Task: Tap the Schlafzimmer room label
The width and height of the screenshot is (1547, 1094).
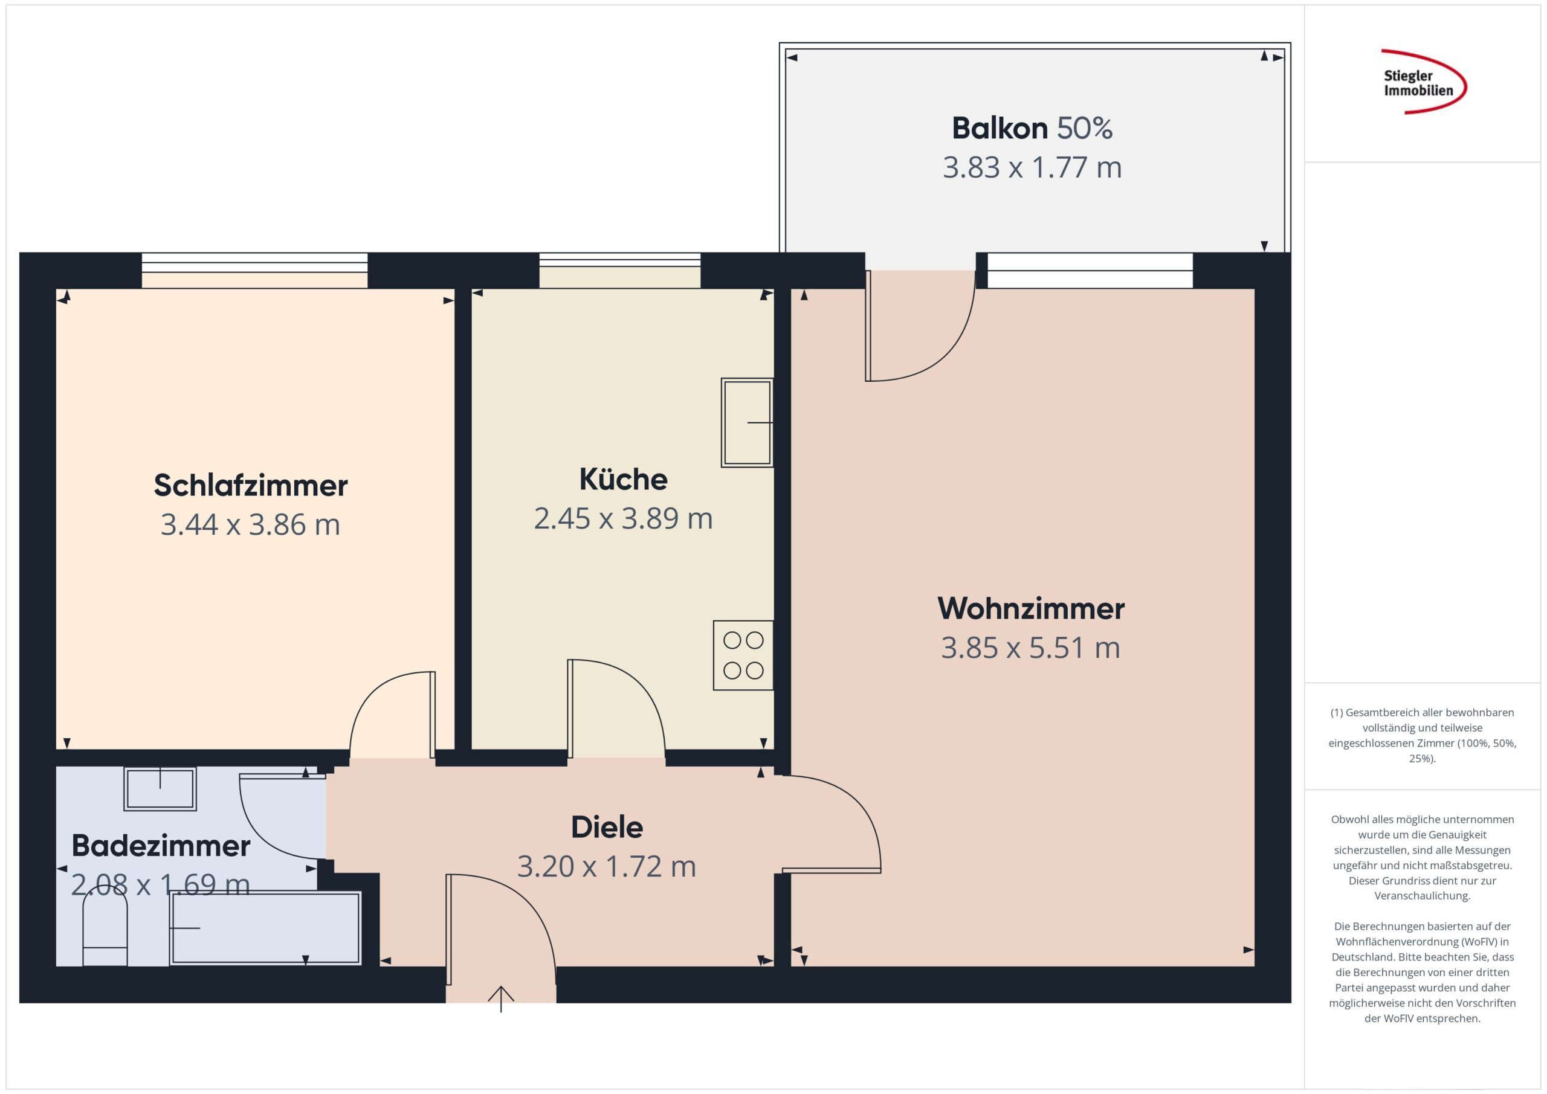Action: tap(251, 485)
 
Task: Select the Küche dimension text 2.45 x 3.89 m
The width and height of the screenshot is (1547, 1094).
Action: tap(623, 518)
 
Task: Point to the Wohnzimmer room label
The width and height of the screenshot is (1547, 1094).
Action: tap(1031, 608)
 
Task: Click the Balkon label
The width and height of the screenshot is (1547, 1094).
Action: tap(1000, 128)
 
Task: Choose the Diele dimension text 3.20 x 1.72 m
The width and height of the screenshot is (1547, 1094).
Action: tap(606, 866)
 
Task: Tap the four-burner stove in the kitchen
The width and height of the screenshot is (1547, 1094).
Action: tap(743, 655)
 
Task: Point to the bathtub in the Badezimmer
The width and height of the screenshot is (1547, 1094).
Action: tap(265, 928)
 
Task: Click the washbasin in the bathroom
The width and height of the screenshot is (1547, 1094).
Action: tap(160, 788)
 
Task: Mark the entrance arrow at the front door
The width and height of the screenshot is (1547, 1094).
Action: tap(500, 999)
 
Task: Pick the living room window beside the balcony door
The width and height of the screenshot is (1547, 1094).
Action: tap(1090, 270)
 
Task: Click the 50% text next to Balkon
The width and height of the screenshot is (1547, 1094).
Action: tap(1085, 128)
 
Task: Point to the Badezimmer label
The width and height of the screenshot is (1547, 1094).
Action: tap(161, 846)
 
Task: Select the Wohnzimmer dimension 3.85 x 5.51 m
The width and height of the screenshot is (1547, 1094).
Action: tap(1031, 648)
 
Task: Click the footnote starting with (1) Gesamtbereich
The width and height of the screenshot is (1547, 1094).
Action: tap(1423, 735)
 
